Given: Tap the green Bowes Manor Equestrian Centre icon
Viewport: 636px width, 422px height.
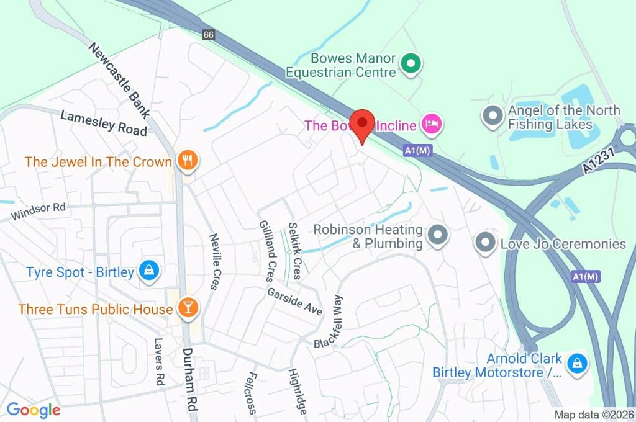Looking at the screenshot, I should click(x=411, y=63).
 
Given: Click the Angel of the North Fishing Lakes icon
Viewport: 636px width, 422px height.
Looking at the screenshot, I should click(x=493, y=116).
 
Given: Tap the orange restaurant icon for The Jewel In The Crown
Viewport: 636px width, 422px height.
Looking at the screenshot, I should click(x=186, y=161).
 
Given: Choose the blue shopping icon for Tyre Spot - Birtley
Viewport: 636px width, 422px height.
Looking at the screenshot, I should click(x=150, y=271).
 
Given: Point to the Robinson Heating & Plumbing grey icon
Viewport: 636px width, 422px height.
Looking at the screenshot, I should click(x=438, y=236).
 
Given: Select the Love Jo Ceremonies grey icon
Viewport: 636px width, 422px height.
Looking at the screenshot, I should click(x=485, y=243).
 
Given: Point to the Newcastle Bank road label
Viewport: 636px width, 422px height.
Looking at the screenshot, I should click(x=119, y=81).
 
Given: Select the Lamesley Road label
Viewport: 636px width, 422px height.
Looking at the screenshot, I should click(x=104, y=122).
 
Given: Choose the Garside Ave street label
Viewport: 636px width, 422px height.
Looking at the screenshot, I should click(x=295, y=302).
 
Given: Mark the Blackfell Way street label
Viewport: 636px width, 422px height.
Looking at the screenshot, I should click(x=329, y=321).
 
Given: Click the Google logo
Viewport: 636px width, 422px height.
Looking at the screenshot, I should click(x=34, y=410).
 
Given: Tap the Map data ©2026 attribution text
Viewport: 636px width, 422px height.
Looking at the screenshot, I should click(x=593, y=415).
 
